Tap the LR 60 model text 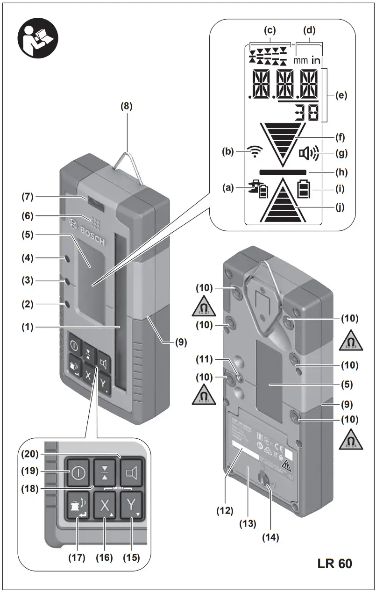click(x=332, y=563)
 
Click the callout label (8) click(x=126, y=106)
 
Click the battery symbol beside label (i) click(x=304, y=191)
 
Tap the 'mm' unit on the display click(x=301, y=61)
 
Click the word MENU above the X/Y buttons click(x=117, y=488)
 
